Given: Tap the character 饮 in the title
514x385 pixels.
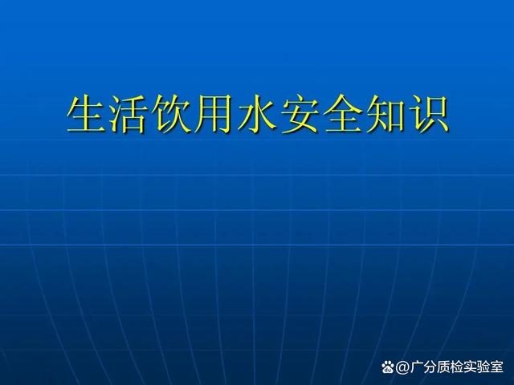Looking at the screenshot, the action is [x=171, y=113].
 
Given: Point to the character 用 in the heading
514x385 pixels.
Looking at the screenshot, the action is [x=214, y=114].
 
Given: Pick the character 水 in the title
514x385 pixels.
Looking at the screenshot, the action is [x=257, y=113].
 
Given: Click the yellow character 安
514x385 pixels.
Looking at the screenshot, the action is [x=300, y=113].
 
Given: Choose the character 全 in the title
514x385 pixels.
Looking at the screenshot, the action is [x=343, y=113].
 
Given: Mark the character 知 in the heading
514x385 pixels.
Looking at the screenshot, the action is [x=385, y=114].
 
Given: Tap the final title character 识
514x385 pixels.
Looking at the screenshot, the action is [x=428, y=113].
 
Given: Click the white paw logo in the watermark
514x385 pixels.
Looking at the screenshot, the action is [x=388, y=367].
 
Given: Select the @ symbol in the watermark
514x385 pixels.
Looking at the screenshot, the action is [x=402, y=367].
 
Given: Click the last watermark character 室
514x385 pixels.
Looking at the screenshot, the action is [x=496, y=367].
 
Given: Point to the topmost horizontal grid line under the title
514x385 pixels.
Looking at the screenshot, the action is [x=257, y=140].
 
